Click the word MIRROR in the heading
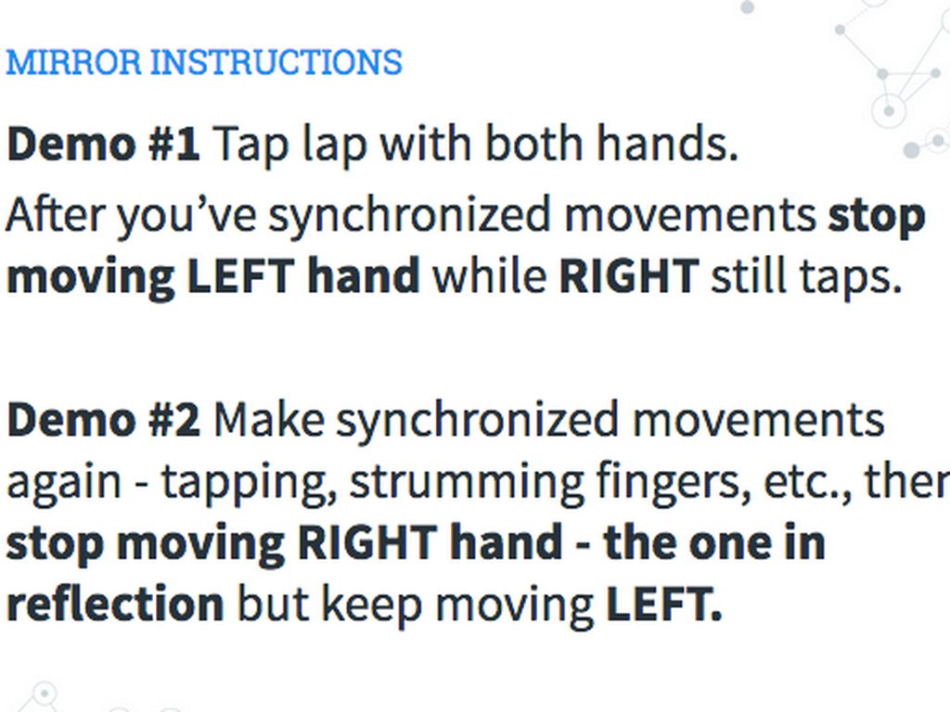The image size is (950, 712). (73, 62)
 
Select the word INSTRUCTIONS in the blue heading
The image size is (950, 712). (276, 62)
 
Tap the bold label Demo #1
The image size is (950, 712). (103, 144)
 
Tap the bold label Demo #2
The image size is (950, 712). (103, 420)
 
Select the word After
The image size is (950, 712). (55, 214)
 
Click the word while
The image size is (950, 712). (489, 274)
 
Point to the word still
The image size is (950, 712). (749, 274)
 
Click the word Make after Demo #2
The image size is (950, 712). (268, 420)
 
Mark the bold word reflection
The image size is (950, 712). (115, 604)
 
